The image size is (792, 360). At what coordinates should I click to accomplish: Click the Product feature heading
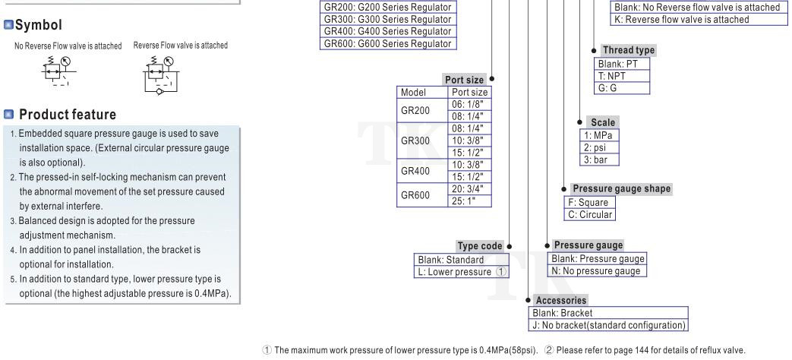click(67, 115)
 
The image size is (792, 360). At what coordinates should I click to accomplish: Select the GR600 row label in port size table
click(415, 194)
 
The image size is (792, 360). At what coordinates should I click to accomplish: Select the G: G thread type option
click(609, 87)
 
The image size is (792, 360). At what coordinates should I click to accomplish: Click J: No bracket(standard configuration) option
click(607, 326)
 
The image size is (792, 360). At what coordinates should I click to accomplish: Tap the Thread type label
click(628, 50)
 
